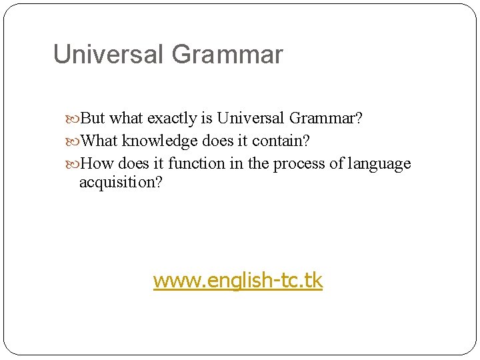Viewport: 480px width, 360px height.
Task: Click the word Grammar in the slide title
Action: point(227,55)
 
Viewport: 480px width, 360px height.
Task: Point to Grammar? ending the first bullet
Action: point(326,119)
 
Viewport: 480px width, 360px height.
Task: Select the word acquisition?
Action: point(121,182)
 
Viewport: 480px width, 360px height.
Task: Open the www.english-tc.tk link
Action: point(238,281)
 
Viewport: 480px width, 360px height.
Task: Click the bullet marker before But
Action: point(75,119)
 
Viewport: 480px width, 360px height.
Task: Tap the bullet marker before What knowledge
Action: point(75,142)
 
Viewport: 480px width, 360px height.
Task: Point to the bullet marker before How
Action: point(75,165)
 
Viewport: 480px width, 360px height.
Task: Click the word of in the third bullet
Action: point(337,164)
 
